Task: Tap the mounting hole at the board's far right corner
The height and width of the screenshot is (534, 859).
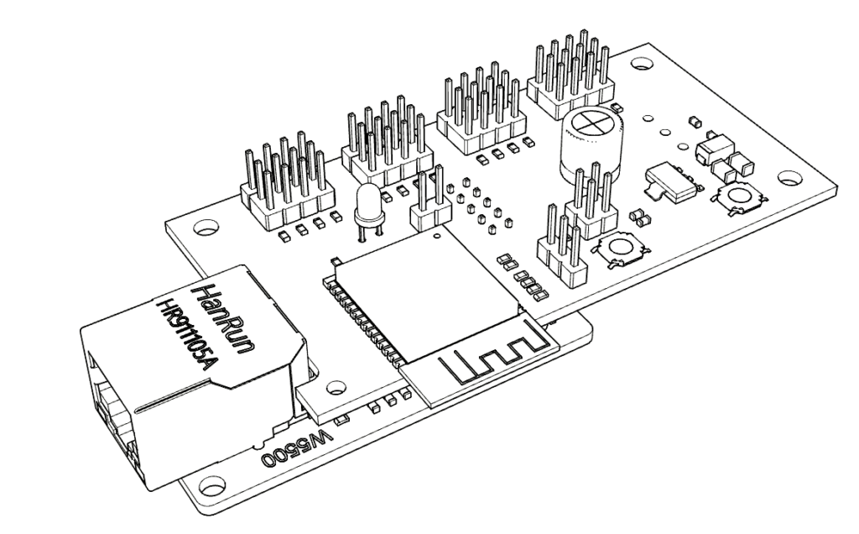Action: coord(789,178)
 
